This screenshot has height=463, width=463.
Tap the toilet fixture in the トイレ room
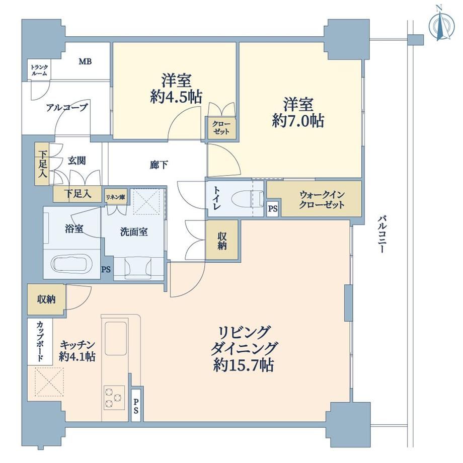coord(248,198)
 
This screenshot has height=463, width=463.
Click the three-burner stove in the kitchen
coord(114,398)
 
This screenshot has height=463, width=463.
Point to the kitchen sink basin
coord(116,339)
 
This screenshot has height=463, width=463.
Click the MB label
coord(85,62)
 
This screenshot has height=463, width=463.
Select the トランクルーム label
coord(39,70)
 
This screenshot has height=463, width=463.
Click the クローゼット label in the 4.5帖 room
coord(221,127)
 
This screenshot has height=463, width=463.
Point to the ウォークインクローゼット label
coord(322,200)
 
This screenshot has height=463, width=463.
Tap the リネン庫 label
coord(115,197)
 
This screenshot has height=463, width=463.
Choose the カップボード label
coord(40,342)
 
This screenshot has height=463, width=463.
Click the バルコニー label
coord(381,235)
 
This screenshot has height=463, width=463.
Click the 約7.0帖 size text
coord(298,120)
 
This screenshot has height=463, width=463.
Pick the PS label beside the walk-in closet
coord(273,209)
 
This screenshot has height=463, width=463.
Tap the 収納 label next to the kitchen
coord(46,299)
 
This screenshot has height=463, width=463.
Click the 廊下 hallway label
coord(159,165)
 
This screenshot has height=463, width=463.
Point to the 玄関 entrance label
coord(77,161)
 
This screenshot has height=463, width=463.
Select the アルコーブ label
coord(67,108)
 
